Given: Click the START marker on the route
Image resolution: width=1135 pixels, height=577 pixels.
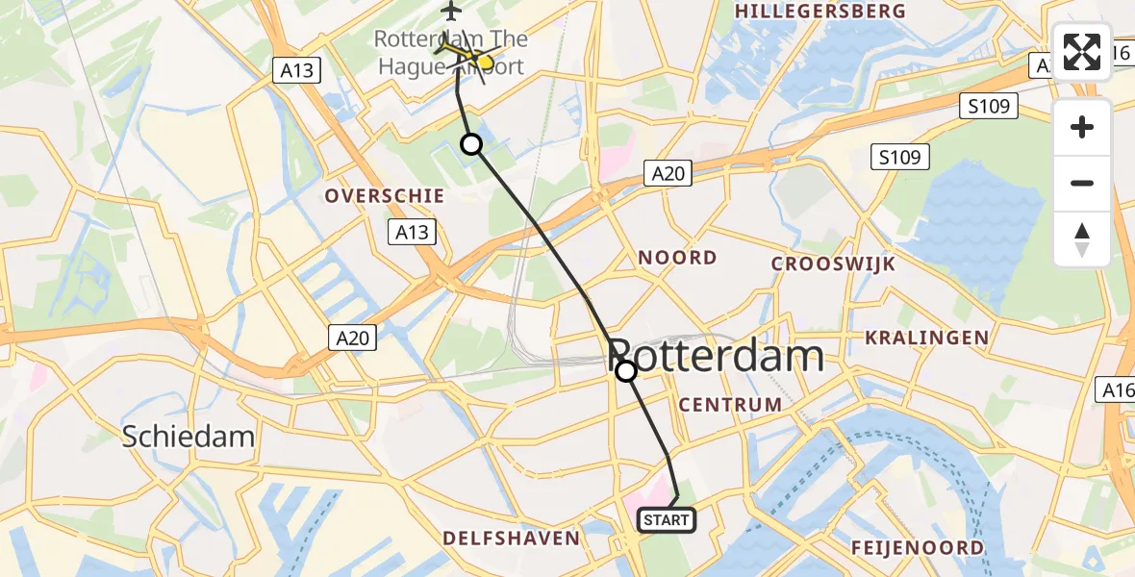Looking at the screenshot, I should (x=666, y=520).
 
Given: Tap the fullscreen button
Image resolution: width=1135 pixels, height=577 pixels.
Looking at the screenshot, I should (x=1082, y=52).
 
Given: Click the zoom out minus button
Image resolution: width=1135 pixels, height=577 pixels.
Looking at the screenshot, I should (x=1082, y=183).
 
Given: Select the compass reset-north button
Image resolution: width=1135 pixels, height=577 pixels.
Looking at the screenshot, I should (x=1082, y=239).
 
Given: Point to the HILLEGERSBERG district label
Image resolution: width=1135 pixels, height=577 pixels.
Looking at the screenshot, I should (x=820, y=12).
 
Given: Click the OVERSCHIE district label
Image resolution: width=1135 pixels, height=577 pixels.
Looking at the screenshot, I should (x=385, y=196).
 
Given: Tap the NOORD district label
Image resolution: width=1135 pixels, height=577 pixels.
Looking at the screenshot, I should (x=678, y=258).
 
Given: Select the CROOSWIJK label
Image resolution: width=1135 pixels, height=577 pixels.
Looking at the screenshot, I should (x=834, y=264).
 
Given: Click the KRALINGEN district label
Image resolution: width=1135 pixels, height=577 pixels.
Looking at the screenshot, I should (x=926, y=338).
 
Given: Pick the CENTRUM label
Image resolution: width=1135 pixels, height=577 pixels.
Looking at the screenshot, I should (x=731, y=405).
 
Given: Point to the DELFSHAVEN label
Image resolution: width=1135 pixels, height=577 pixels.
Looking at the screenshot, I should (x=512, y=539).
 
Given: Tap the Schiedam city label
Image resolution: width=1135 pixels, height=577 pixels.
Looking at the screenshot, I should (x=189, y=437).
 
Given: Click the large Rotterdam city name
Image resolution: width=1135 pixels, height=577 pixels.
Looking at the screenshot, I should (x=717, y=357).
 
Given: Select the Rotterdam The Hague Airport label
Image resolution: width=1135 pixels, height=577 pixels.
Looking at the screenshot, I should (x=450, y=53).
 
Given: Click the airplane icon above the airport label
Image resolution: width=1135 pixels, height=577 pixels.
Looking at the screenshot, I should (x=451, y=12).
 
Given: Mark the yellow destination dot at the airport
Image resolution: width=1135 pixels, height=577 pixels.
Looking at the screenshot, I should (x=485, y=63).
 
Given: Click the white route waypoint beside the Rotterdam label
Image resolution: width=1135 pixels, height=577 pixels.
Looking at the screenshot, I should (x=626, y=371).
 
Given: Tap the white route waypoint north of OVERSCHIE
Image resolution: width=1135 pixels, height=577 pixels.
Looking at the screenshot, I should (x=471, y=145).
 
